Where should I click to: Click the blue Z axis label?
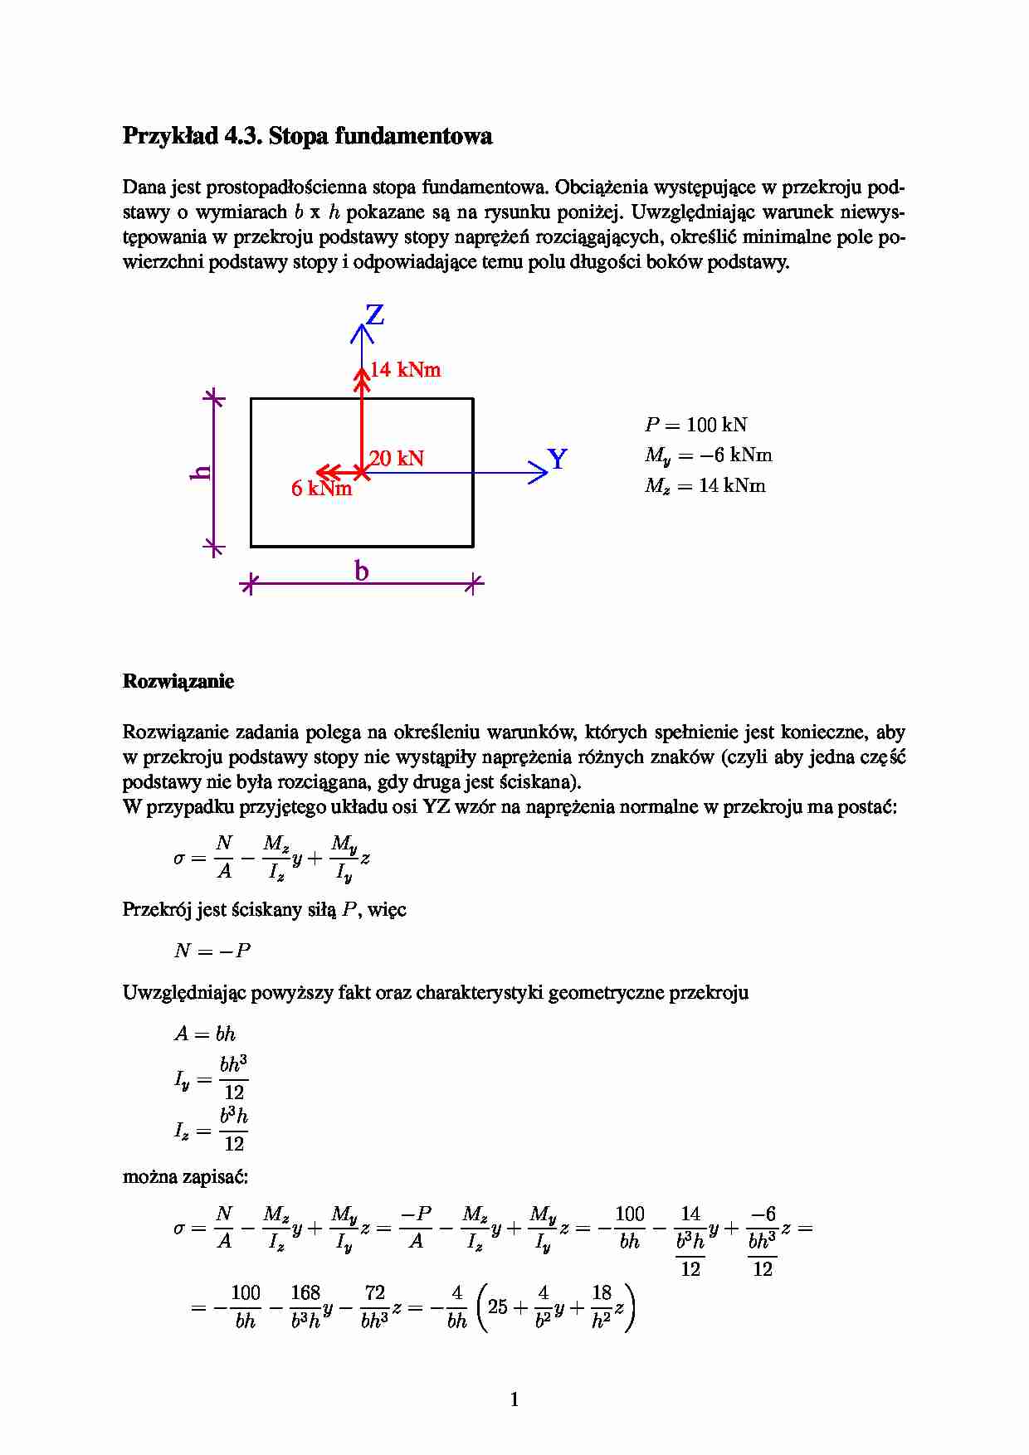pyautogui.click(x=375, y=315)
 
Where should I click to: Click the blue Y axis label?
pyautogui.click(x=558, y=459)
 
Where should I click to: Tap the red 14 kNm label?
pyautogui.click(x=406, y=370)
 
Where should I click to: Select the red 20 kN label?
pyautogui.click(x=397, y=458)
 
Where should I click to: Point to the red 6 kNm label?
pyautogui.click(x=321, y=489)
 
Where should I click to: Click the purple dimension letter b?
pyautogui.click(x=361, y=571)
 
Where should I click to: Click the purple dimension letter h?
pyautogui.click(x=201, y=473)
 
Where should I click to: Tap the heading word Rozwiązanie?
pyautogui.click(x=178, y=681)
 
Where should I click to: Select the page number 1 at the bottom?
pyautogui.click(x=514, y=1399)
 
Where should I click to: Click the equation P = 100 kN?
pyautogui.click(x=695, y=425)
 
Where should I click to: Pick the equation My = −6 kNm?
pyautogui.click(x=708, y=455)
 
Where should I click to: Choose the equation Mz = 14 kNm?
pyautogui.click(x=705, y=486)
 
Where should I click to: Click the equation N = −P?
pyautogui.click(x=212, y=951)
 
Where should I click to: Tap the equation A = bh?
pyautogui.click(x=205, y=1034)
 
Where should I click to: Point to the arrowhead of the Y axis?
pyautogui.click(x=540, y=473)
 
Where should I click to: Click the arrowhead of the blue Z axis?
pyautogui.click(x=362, y=332)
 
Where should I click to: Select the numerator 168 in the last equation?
pyautogui.click(x=305, y=1292)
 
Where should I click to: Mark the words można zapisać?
pyautogui.click(x=185, y=1176)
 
